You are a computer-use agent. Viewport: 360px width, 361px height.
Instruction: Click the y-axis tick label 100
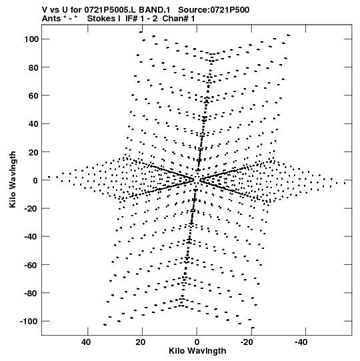tap(31, 39)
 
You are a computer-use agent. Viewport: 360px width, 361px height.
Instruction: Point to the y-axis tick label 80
tap(33, 67)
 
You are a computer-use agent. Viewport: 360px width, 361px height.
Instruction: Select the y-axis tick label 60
tap(33, 95)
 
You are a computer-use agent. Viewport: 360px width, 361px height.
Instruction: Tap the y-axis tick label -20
tap(31, 208)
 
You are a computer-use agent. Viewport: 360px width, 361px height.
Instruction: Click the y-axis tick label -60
tap(31, 265)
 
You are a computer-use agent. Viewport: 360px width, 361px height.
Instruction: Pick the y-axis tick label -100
tap(29, 321)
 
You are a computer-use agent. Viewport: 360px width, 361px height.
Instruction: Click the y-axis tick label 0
tap(35, 180)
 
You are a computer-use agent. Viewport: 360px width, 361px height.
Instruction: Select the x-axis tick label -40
tap(301, 342)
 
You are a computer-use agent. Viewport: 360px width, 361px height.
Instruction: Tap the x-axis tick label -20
tap(247, 342)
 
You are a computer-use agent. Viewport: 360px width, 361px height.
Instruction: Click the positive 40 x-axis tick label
tap(86, 342)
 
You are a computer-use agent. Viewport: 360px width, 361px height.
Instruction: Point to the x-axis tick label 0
tap(197, 342)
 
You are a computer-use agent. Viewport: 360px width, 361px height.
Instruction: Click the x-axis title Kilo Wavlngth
tap(197, 351)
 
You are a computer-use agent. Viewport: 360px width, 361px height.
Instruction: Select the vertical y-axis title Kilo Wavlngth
tap(13, 179)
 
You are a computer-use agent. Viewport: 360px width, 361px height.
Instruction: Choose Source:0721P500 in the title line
tap(214, 10)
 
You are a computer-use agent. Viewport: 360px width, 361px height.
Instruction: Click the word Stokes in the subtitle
tap(101, 19)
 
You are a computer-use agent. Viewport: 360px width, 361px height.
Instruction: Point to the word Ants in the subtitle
tap(51, 19)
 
